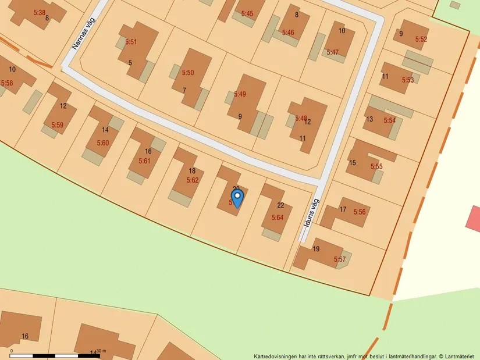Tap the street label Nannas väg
pyautogui.click(x=83, y=33)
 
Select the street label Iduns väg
pyautogui.click(x=311, y=214)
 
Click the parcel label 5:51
pyautogui.click(x=131, y=42)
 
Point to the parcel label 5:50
pyautogui.click(x=187, y=73)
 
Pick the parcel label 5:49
pyautogui.click(x=240, y=94)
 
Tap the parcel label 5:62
pyautogui.click(x=192, y=180)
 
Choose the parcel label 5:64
pyautogui.click(x=277, y=218)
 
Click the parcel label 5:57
pyautogui.click(x=339, y=259)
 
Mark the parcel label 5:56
pyautogui.click(x=359, y=212)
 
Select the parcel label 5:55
pyautogui.click(x=376, y=167)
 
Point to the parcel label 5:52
pyautogui.click(x=421, y=40)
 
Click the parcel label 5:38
pyautogui.click(x=39, y=12)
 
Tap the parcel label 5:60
pyautogui.click(x=102, y=143)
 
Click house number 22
pyautogui.click(x=280, y=205)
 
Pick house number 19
pyautogui.click(x=316, y=249)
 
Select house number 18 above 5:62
pyautogui.click(x=192, y=171)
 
